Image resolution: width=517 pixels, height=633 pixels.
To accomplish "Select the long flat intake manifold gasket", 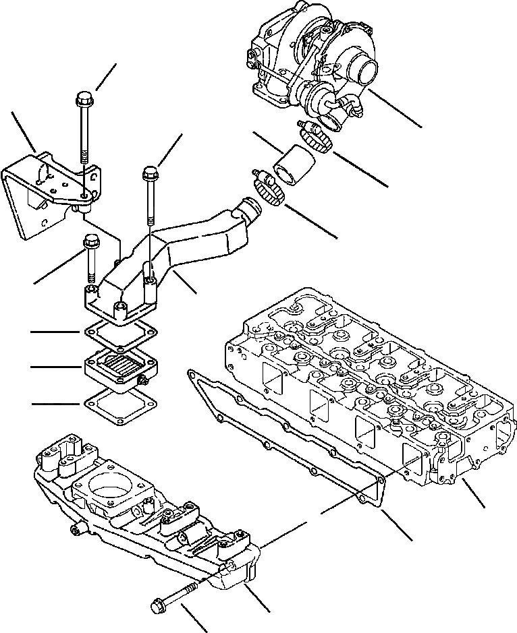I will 283,431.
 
